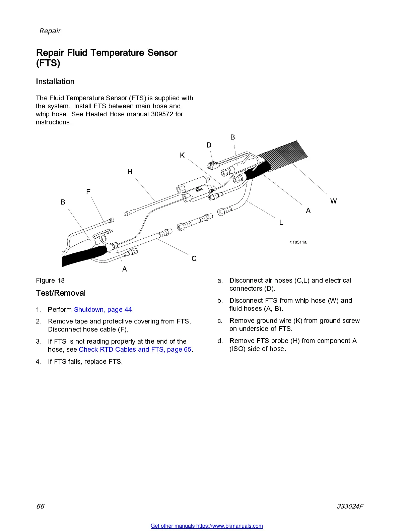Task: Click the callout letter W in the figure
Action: [x=333, y=201]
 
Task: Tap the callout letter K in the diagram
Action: [x=182, y=155]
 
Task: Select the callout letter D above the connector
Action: [x=209, y=145]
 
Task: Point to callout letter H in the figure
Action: [x=130, y=172]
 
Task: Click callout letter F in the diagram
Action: [x=88, y=192]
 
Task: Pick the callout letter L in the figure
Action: [x=281, y=223]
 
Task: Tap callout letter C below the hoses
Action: [x=194, y=258]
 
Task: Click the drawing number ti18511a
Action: [x=298, y=242]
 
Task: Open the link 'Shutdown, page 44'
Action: [x=103, y=309]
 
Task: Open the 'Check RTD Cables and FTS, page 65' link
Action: [x=135, y=349]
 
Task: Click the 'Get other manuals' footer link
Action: [x=207, y=526]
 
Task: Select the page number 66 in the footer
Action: [x=40, y=506]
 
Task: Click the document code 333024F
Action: [x=350, y=506]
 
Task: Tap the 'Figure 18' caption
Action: [x=50, y=280]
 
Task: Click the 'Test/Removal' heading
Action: [x=61, y=293]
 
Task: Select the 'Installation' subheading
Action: [x=55, y=81]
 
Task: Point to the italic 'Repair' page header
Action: [x=50, y=31]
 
